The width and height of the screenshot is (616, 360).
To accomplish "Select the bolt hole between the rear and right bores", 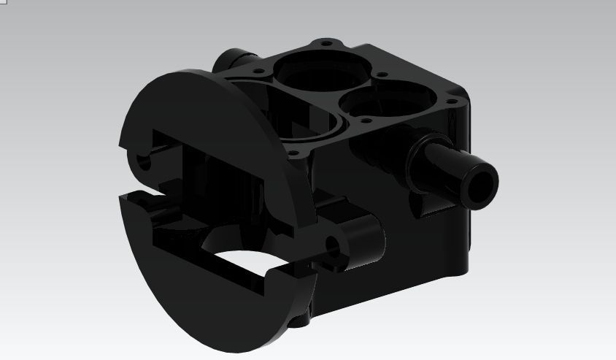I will pyautogui.click(x=380, y=74).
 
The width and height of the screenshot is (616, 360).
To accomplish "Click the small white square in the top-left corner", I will pyautogui.click(x=2, y=3).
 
